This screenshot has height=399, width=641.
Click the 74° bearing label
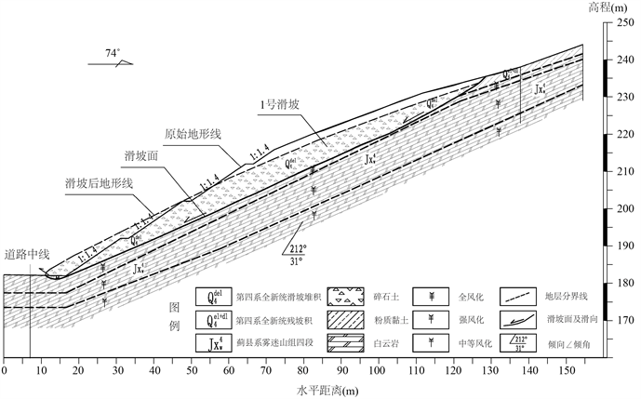pos(111,54)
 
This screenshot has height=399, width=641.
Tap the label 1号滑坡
pos(281,105)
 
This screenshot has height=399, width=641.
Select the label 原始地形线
pos(193,133)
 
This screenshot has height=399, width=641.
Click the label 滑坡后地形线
pos(99,182)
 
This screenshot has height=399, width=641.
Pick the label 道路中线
pos(27,252)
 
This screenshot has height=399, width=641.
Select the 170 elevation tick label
pos(621,321)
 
